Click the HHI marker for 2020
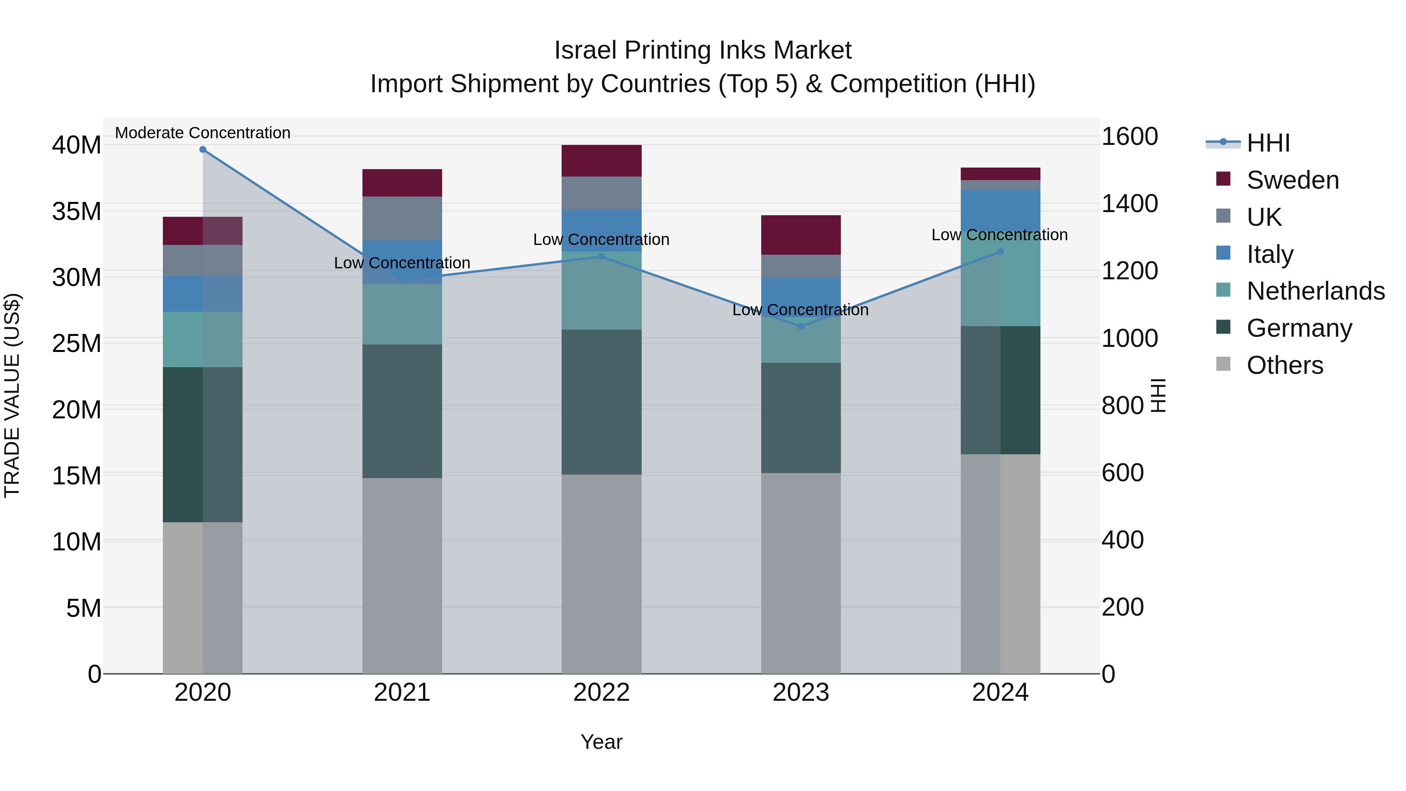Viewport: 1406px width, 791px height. [x=202, y=150]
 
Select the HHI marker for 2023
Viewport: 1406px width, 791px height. [x=801, y=327]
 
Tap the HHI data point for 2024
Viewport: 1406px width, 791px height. [x=1000, y=252]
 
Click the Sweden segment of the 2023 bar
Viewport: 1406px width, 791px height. [x=801, y=235]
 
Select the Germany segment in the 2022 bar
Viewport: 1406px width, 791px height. [x=601, y=402]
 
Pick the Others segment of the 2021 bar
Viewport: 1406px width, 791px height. [x=402, y=575]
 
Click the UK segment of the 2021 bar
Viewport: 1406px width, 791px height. [x=402, y=218]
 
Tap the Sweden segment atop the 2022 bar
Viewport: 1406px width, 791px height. [x=601, y=161]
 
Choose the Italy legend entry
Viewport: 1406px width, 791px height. [x=1270, y=254]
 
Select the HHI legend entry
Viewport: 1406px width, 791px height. [x=1267, y=143]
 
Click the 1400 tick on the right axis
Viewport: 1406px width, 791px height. [x=1129, y=204]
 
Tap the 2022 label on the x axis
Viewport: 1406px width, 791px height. [x=601, y=693]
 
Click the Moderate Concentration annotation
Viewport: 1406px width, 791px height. [x=202, y=133]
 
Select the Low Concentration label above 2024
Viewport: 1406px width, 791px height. [x=999, y=235]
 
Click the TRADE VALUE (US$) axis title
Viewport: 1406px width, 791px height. [x=12, y=395]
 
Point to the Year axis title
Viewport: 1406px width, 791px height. [x=601, y=742]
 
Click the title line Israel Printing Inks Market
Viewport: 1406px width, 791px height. [x=703, y=50]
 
